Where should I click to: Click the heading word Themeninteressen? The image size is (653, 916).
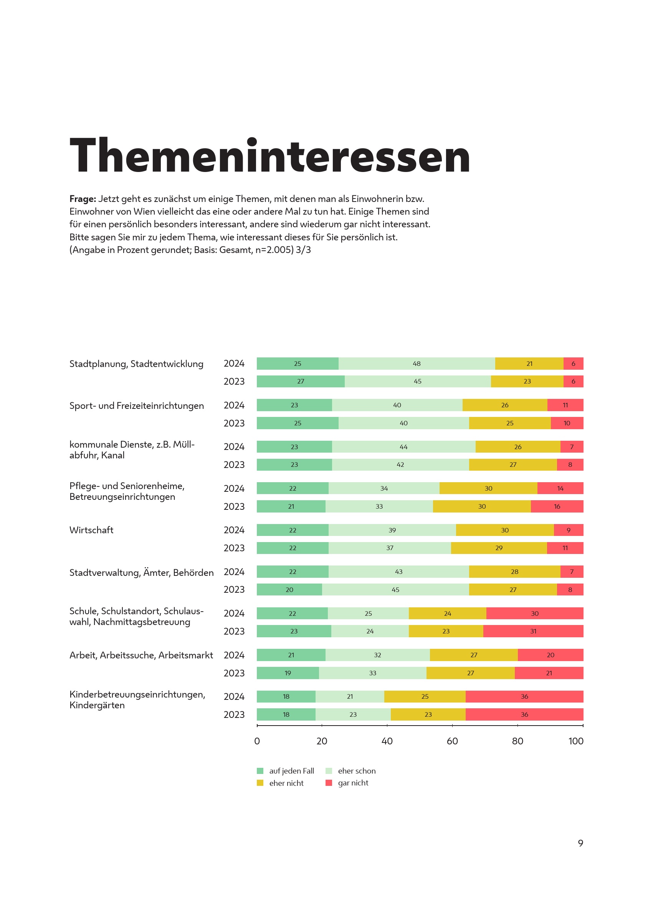click(269, 155)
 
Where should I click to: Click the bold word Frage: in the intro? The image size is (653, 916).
click(83, 198)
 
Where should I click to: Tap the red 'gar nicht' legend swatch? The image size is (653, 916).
click(329, 783)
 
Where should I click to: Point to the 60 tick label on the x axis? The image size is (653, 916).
click(452, 741)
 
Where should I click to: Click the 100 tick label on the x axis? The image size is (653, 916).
click(575, 741)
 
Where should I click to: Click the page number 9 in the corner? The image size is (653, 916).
click(580, 843)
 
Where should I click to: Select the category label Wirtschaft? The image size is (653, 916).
click(91, 530)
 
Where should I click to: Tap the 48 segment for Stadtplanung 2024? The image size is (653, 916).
click(417, 364)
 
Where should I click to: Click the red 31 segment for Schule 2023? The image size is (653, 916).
click(533, 631)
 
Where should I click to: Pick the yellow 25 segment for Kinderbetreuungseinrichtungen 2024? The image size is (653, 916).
click(425, 696)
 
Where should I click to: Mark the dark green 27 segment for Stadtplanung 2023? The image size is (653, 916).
click(300, 381)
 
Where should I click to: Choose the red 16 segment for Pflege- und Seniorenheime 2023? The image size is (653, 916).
click(557, 506)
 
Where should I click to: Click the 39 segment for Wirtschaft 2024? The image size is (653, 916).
click(392, 530)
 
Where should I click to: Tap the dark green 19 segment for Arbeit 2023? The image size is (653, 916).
click(288, 673)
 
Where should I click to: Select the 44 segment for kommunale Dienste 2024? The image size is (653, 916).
click(403, 447)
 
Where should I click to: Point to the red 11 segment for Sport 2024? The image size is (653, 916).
click(565, 405)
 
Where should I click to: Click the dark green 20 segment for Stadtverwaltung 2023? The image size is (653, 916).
click(289, 590)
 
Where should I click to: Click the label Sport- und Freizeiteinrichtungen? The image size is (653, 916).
click(136, 406)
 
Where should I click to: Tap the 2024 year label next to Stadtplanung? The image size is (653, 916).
click(234, 364)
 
